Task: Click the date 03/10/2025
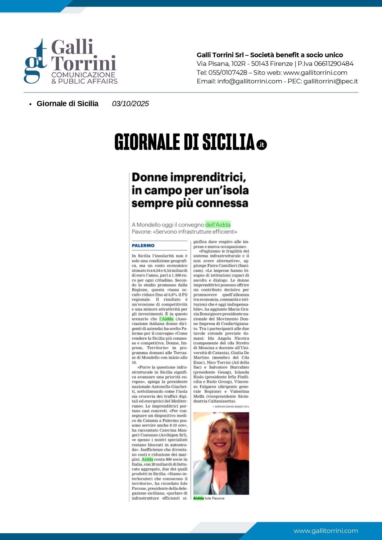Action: pyautogui.click(x=130, y=104)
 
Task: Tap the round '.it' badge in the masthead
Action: pyautogui.click(x=262, y=145)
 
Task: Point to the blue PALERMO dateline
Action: pyautogui.click(x=143, y=246)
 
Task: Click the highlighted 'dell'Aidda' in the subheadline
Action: pyautogui.click(x=218, y=225)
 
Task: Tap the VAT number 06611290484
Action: pyautogui.click(x=334, y=64)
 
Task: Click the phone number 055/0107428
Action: pyautogui.click(x=228, y=73)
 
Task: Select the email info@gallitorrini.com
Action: pyautogui.click(x=250, y=81)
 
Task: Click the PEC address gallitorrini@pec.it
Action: pyautogui.click(x=331, y=81)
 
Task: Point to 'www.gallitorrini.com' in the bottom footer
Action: pyautogui.click(x=326, y=531)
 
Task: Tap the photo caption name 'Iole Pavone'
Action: pyautogui.click(x=215, y=498)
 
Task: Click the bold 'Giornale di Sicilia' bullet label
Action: pyautogui.click(x=67, y=104)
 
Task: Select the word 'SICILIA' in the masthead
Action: pyautogui.click(x=228, y=142)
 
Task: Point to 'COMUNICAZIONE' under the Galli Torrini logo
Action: pyautogui.click(x=83, y=75)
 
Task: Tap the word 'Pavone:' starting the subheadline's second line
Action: pyautogui.click(x=141, y=232)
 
